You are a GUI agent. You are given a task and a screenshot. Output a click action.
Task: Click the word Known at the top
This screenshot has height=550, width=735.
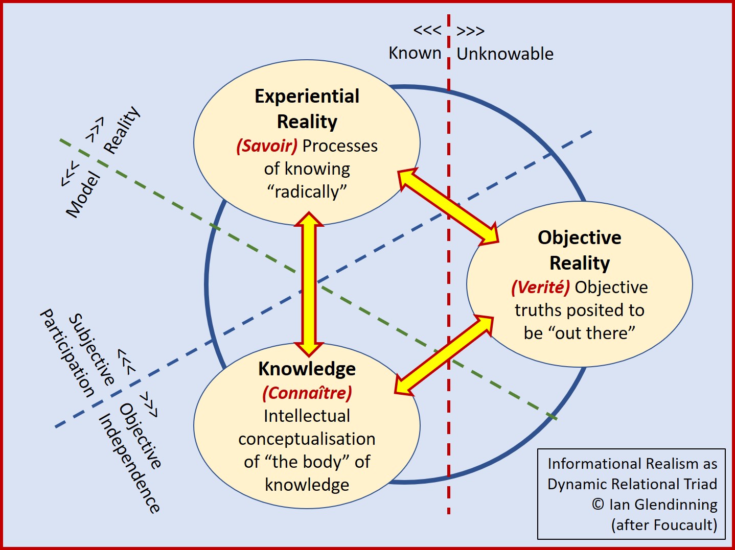pyautogui.click(x=415, y=53)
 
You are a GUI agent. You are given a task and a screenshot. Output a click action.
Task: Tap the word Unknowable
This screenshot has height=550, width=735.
pyautogui.click(x=505, y=54)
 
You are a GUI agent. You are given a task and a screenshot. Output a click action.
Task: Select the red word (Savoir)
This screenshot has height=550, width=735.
pyautogui.click(x=267, y=146)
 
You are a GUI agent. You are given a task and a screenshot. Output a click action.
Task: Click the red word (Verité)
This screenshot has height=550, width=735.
pyautogui.click(x=540, y=288)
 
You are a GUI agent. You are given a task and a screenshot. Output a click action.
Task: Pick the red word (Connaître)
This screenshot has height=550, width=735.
pyautogui.click(x=307, y=393)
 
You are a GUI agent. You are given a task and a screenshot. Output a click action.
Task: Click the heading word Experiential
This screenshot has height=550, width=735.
pyautogui.click(x=307, y=97)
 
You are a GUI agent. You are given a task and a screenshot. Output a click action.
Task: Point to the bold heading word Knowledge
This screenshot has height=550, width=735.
pyautogui.click(x=307, y=369)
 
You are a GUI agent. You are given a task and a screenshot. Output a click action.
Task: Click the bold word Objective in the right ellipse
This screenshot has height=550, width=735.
pyautogui.click(x=579, y=238)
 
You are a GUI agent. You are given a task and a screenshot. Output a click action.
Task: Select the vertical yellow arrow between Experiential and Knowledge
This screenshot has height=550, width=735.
pyautogui.click(x=309, y=283)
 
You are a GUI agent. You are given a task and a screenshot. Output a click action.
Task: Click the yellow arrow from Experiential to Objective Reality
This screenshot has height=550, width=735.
pyautogui.click(x=448, y=206)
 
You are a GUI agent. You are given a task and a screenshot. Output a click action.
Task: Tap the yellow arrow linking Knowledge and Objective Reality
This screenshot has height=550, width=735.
pyautogui.click(x=444, y=355)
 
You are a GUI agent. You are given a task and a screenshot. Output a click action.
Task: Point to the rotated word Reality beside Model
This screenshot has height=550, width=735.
pyautogui.click(x=122, y=130)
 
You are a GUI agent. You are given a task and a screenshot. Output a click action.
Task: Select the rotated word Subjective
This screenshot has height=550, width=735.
pyautogui.click(x=92, y=350)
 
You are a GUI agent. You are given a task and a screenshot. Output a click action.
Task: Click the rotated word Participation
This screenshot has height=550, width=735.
pyautogui.click(x=67, y=353)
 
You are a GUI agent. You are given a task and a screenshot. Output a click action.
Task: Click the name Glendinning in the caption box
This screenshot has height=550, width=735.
pyautogui.click(x=676, y=505)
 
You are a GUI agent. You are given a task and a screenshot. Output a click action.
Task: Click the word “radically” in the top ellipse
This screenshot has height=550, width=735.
pyautogui.click(x=307, y=192)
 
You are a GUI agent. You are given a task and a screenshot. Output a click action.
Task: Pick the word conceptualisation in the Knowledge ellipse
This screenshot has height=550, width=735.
pyautogui.click(x=307, y=439)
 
